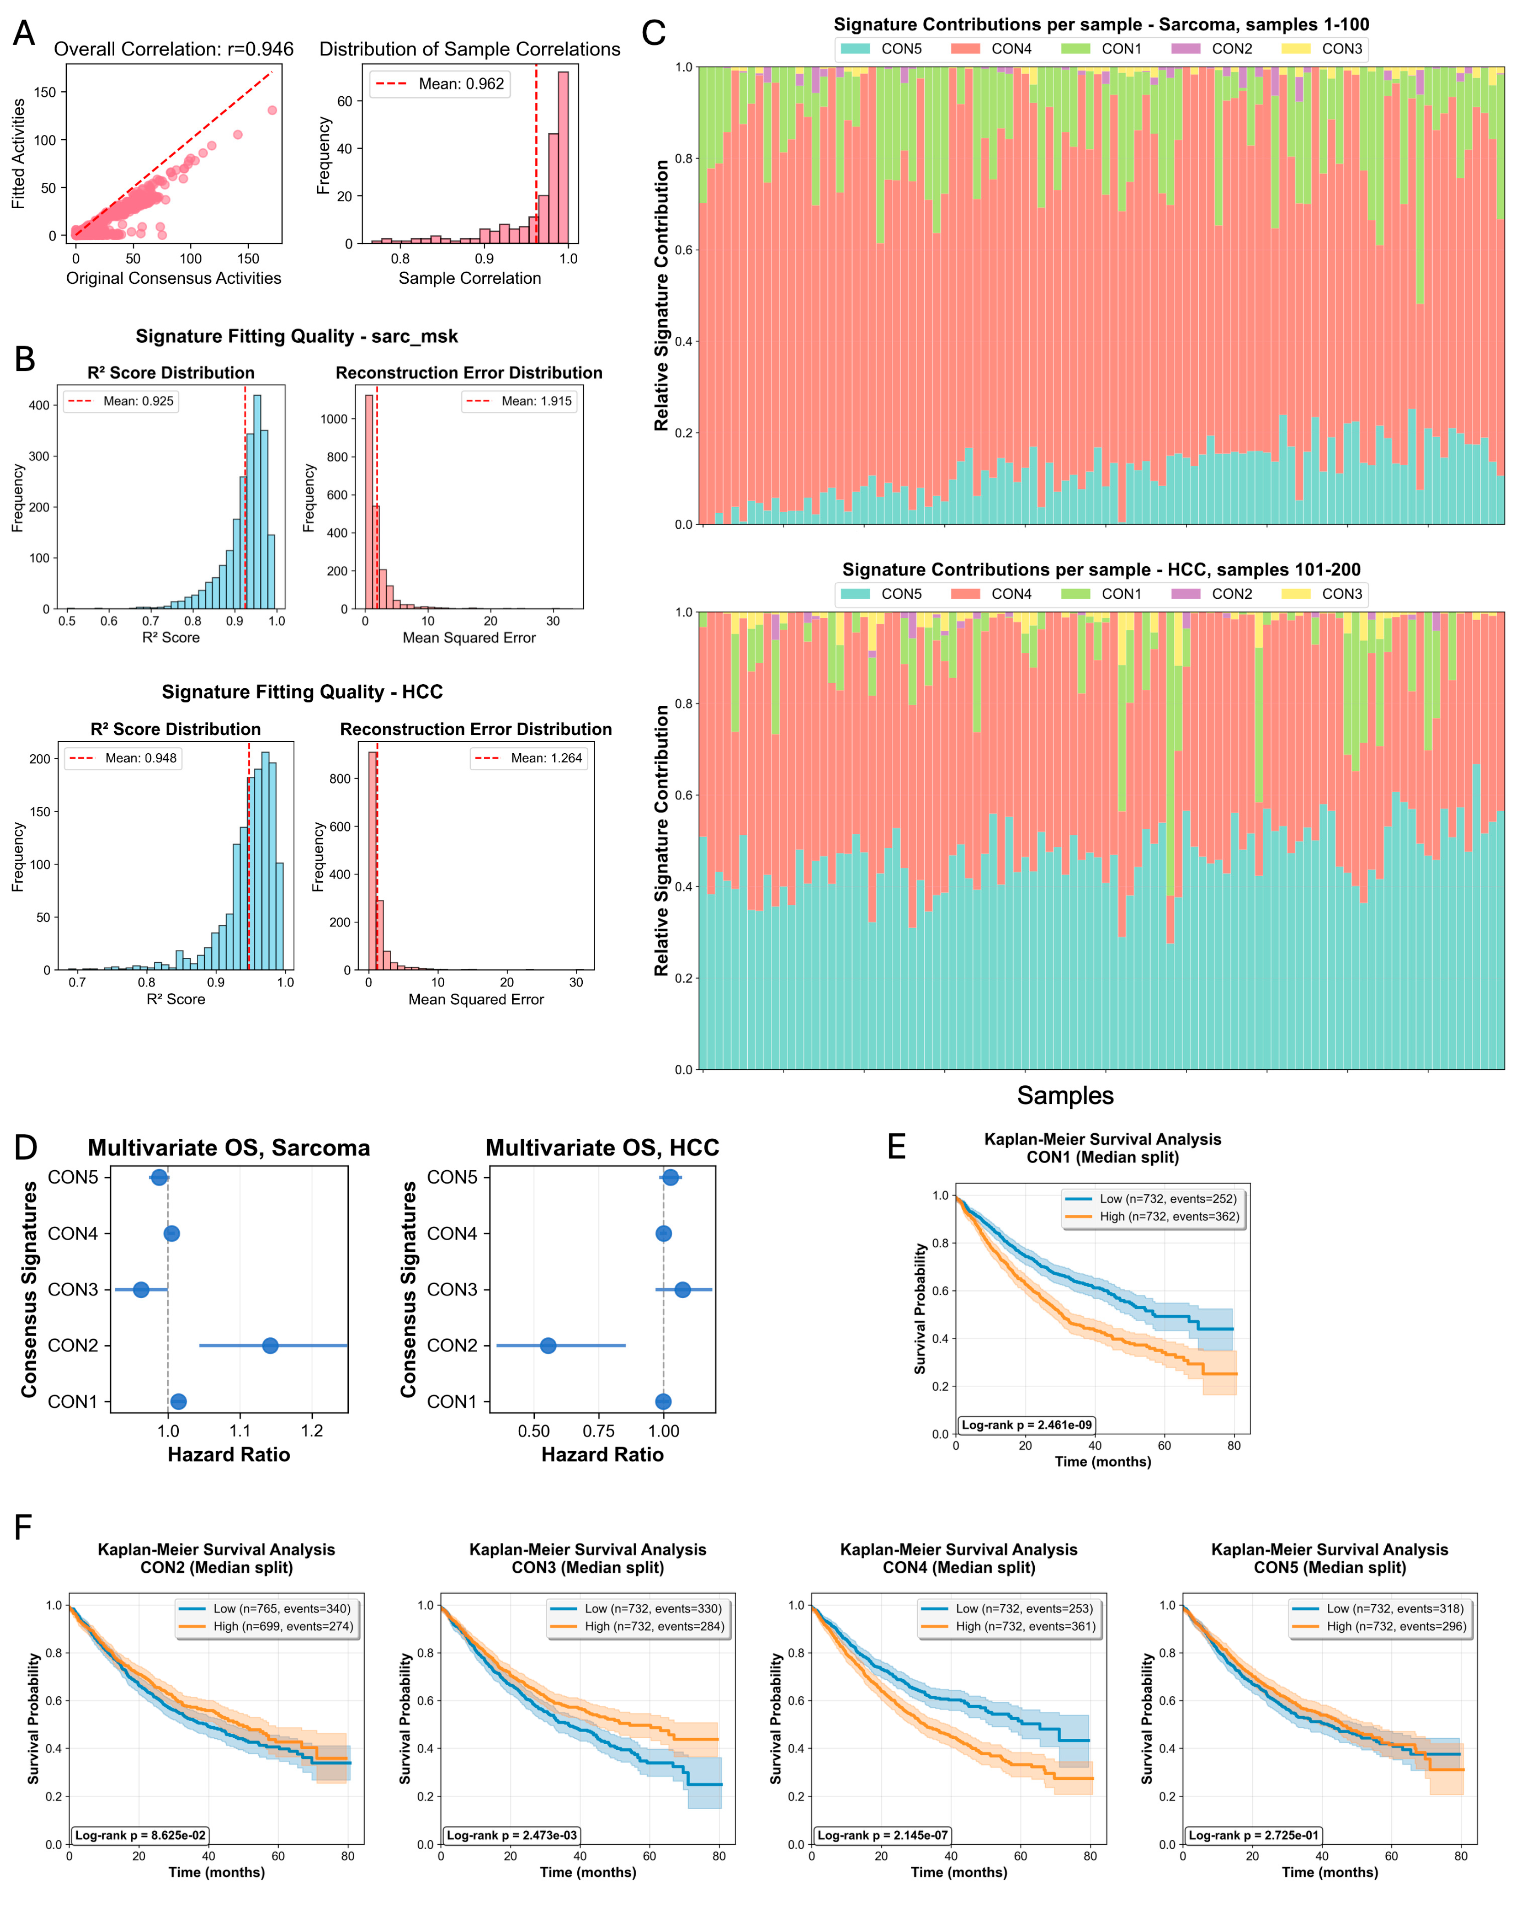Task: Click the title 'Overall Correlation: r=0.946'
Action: click(x=174, y=49)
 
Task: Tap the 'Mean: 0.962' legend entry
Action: click(x=439, y=84)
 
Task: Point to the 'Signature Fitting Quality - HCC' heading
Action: click(x=302, y=692)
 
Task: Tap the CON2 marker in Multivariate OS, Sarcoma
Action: click(x=270, y=1346)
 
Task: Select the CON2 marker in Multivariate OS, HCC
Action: click(x=548, y=1346)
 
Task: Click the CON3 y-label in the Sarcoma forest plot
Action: click(x=73, y=1290)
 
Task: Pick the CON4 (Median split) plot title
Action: click(x=959, y=1567)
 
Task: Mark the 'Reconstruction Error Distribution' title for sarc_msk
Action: click(x=469, y=373)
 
